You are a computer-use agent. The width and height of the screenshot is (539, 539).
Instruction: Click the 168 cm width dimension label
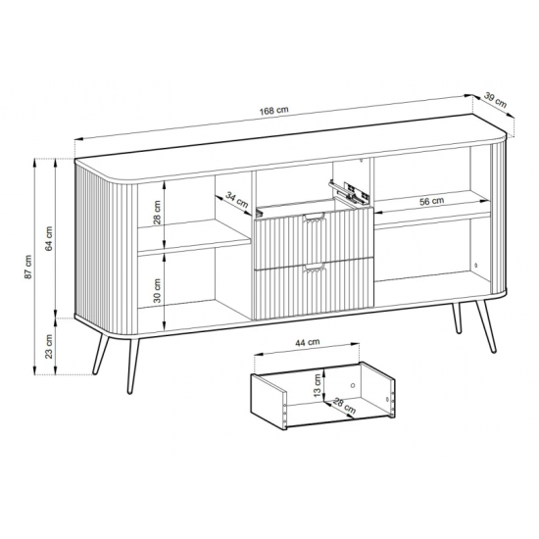(x=273, y=111)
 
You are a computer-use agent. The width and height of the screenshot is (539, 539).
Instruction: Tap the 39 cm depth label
(x=495, y=100)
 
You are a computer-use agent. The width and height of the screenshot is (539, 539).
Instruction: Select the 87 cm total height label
(x=28, y=267)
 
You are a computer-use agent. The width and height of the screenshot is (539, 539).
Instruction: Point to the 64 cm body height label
(x=49, y=238)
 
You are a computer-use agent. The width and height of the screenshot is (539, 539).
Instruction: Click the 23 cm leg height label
(x=49, y=346)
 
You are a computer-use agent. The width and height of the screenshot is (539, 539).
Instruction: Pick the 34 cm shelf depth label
(x=237, y=200)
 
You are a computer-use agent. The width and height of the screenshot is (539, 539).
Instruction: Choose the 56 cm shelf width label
(x=432, y=201)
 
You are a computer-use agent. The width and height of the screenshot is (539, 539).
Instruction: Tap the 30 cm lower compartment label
(x=157, y=290)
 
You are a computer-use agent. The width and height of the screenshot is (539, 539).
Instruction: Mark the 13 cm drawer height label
(x=318, y=385)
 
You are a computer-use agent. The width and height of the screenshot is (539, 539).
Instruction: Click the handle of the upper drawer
(x=314, y=217)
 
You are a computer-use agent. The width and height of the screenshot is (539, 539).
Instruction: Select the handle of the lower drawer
(x=314, y=268)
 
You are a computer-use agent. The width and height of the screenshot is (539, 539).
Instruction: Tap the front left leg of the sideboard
(x=133, y=366)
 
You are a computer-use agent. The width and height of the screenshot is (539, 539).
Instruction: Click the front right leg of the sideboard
(x=486, y=326)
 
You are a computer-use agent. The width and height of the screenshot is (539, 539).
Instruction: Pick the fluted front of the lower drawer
(x=314, y=289)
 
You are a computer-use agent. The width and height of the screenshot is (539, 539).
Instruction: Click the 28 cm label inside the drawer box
(x=344, y=406)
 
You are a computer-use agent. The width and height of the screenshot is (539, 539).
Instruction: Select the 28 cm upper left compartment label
(x=157, y=213)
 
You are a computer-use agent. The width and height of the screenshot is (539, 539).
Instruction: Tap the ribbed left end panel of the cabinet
(x=107, y=250)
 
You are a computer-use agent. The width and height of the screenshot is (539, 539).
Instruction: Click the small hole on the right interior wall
(x=475, y=266)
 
